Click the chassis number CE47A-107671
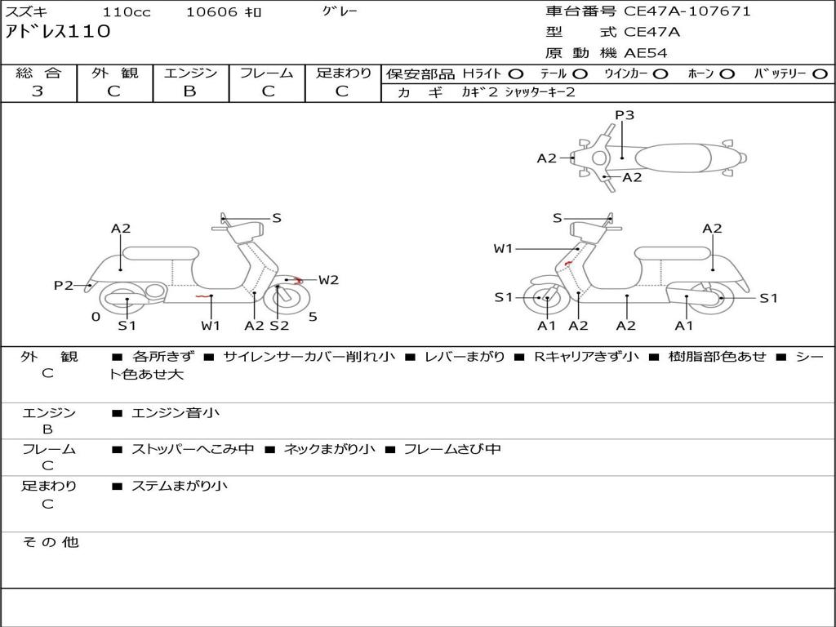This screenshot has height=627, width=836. [687, 11]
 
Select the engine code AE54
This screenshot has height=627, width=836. [646, 53]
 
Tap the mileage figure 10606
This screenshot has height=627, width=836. [211, 12]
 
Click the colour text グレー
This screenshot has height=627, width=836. [340, 11]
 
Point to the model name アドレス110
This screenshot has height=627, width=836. [58, 32]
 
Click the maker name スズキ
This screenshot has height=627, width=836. [27, 12]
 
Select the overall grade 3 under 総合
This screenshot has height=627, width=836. [38, 91]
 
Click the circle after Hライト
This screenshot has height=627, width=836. [515, 73]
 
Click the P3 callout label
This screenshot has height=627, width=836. [625, 115]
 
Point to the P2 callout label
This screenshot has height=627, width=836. [63, 285]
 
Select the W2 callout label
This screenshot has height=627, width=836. [328, 280]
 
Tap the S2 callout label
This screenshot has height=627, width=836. [279, 326]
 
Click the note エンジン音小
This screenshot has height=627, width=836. [176, 413]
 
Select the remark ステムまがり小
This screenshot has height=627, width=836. [180, 486]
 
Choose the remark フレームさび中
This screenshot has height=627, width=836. [452, 449]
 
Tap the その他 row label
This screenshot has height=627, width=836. [50, 542]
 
